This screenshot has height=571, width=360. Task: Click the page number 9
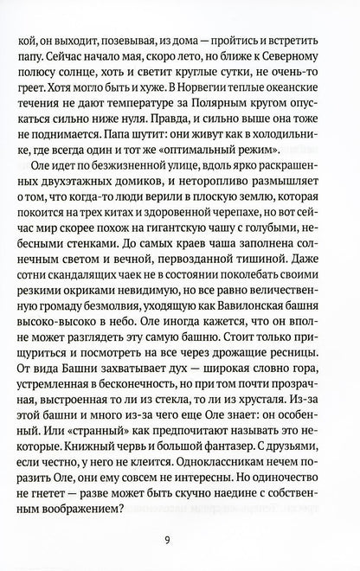[x=180, y=542]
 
